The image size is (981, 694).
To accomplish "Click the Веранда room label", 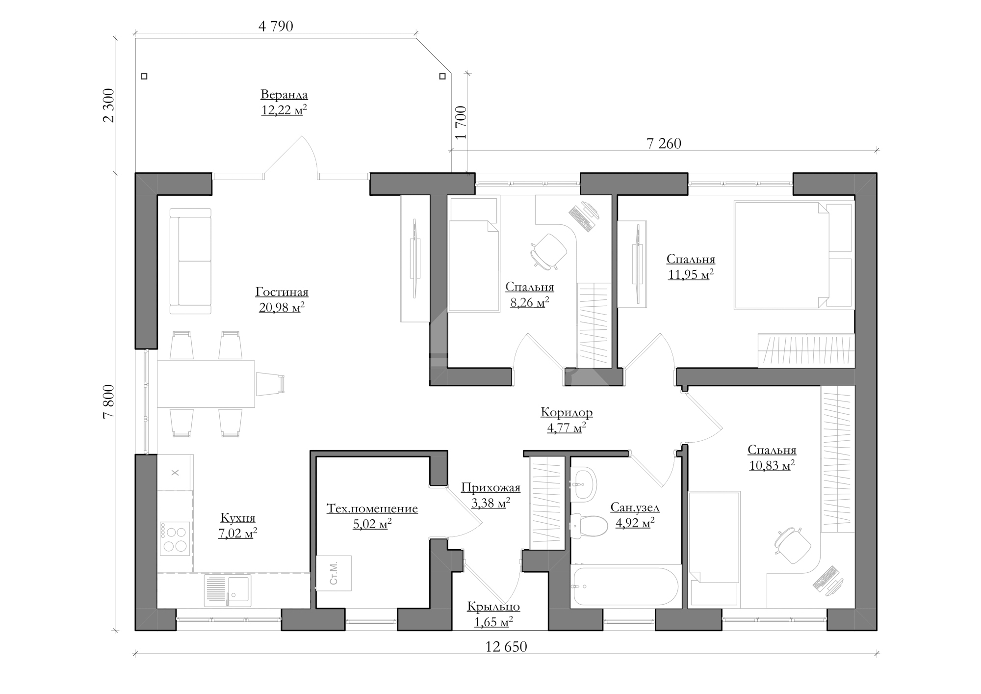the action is (284, 94).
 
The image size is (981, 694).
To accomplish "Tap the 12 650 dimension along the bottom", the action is (506, 647).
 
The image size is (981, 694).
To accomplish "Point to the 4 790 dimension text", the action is (276, 26).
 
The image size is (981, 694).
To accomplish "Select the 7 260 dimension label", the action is (664, 143).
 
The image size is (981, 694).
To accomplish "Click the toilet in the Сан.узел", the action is (583, 526).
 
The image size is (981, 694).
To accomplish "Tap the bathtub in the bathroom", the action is (624, 587).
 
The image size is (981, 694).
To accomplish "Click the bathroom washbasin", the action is (584, 484).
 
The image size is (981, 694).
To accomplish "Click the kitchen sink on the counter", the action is (227, 590).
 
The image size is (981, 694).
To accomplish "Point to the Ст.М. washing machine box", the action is (334, 573).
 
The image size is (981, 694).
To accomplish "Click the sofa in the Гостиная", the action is (190, 261).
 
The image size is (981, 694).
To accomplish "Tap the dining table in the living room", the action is (206, 384).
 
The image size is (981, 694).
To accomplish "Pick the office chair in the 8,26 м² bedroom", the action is (549, 251).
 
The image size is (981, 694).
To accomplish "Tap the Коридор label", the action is (567, 412).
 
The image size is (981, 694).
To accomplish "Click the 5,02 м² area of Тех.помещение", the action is (372, 524).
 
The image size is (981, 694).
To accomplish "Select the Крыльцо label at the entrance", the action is (493, 607).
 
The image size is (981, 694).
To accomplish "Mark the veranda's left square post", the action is (144, 77).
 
